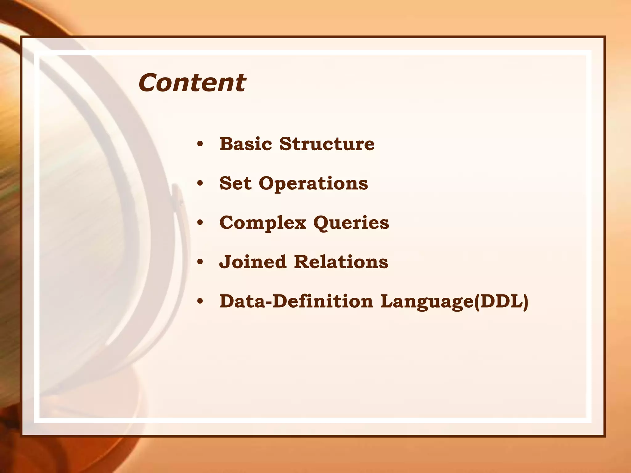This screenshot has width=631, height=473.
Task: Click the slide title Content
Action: coord(192,83)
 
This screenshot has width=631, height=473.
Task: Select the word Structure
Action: coord(327,144)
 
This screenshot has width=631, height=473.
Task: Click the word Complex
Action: coord(263,223)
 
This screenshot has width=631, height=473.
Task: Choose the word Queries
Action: coord(351,223)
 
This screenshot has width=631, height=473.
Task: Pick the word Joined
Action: coord(253,262)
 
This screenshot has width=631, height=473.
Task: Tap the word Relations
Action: coord(341,262)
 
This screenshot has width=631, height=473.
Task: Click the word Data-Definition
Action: coord(296,301)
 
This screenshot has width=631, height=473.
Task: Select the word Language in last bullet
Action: coord(427,302)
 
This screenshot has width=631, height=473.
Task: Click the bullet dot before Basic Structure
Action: coord(200,144)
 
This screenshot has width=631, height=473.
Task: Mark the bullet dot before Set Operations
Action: coord(200,184)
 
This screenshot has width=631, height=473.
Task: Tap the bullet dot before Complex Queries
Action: coord(200,223)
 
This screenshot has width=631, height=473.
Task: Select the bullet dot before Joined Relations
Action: coord(200,262)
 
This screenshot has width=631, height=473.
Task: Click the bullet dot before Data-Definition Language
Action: coord(200,301)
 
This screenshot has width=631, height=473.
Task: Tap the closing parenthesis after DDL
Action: coord(525,302)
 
